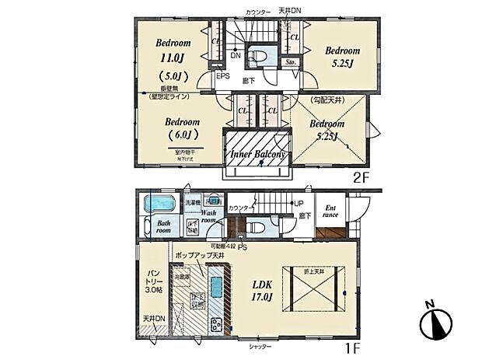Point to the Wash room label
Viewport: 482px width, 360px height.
coord(209,215)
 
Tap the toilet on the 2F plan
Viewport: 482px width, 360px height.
coord(260,57)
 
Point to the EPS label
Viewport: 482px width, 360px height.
coord(223,76)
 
